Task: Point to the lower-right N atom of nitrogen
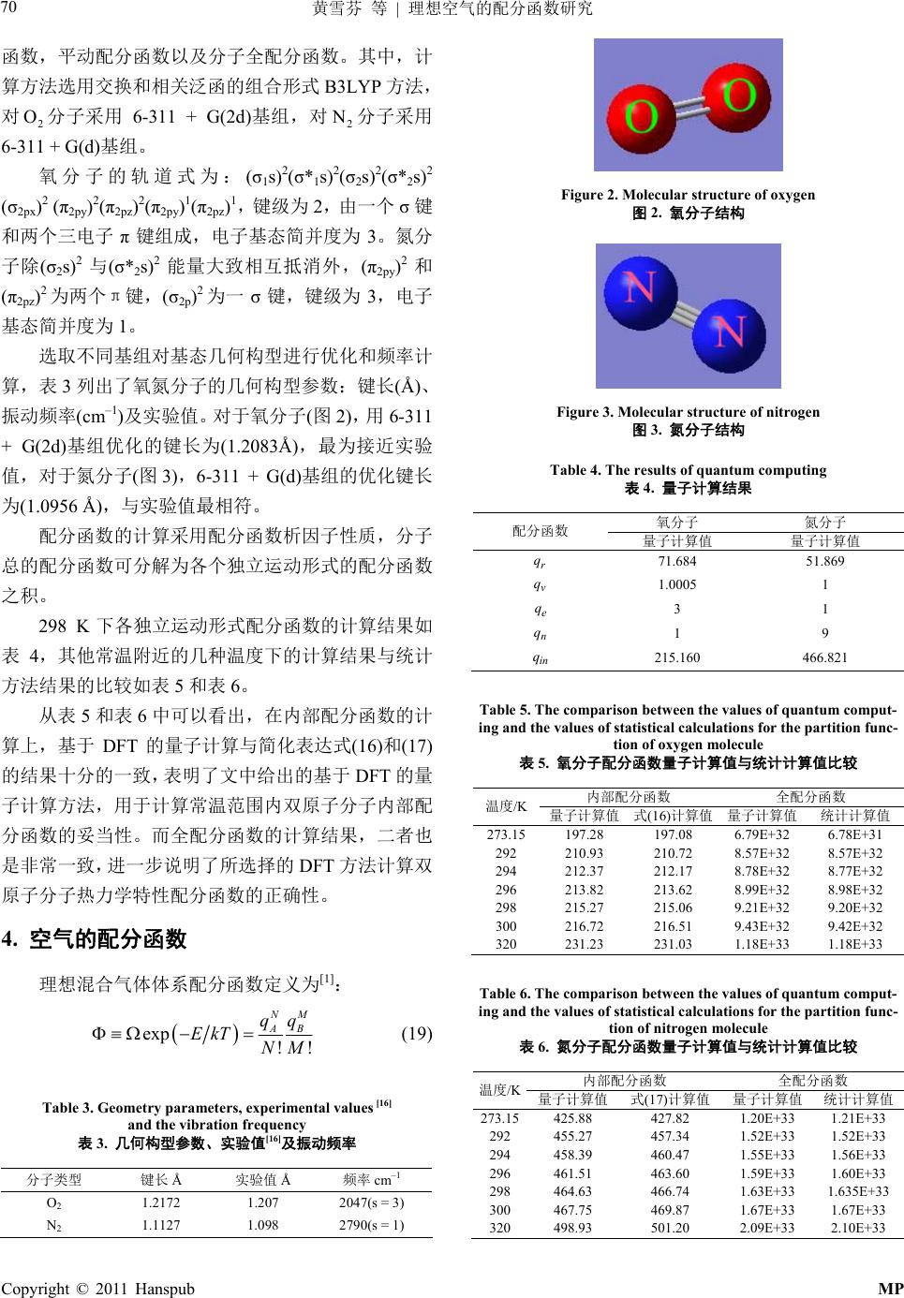[x=730, y=333]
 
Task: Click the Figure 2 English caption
[x=688, y=195]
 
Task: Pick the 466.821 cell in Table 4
[x=825, y=657]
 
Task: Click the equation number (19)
[x=416, y=1034]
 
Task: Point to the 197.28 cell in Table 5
[x=585, y=834]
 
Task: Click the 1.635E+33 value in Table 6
[x=854, y=1191]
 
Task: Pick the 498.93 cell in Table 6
[x=572, y=1228]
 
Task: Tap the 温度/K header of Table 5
[x=506, y=805]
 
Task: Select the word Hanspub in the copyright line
[x=162, y=1288]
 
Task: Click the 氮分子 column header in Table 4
[x=824, y=522]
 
